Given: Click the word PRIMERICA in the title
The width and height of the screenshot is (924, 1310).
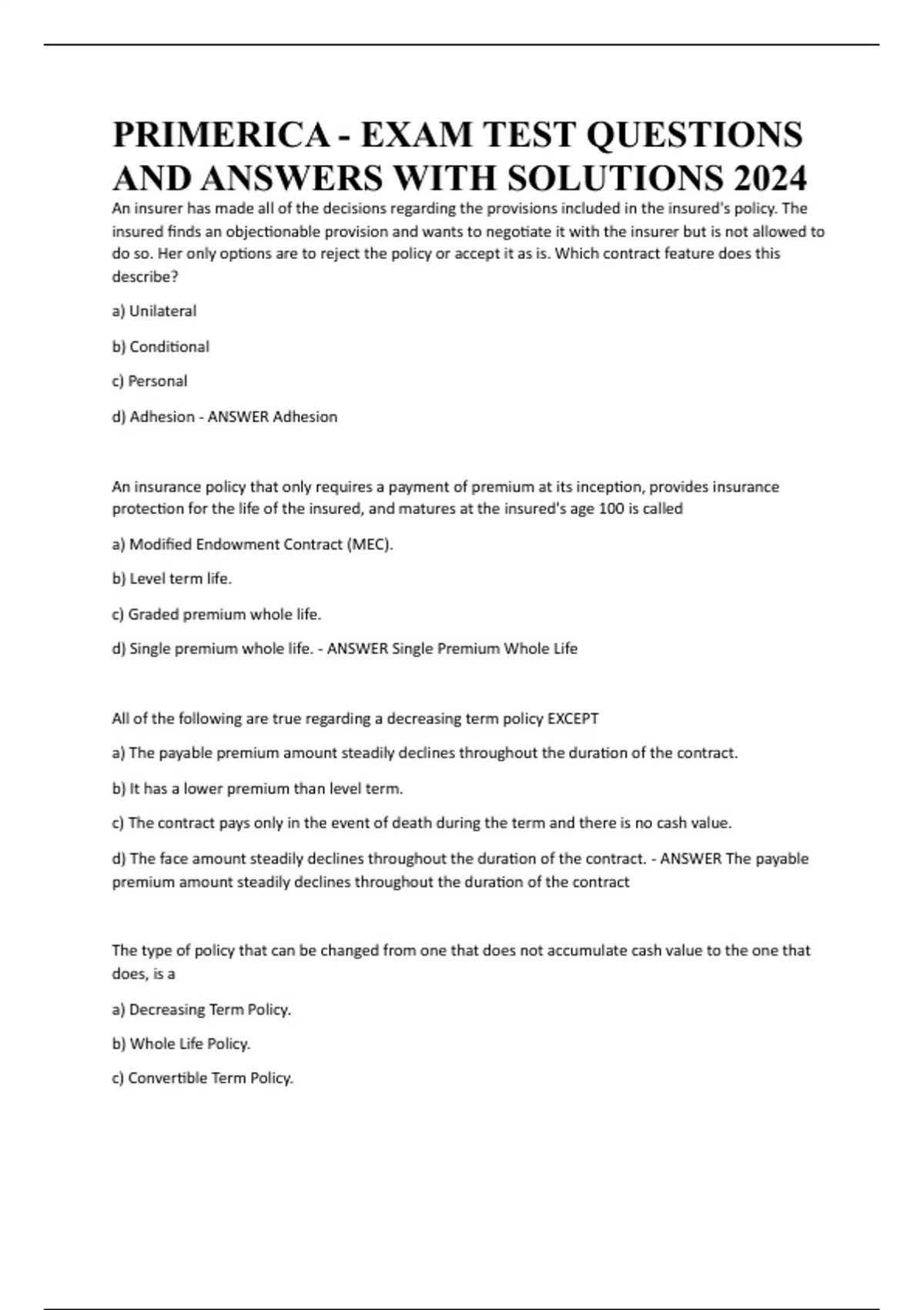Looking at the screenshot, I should [220, 135].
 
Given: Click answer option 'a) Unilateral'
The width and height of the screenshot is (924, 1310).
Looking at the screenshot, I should [154, 311].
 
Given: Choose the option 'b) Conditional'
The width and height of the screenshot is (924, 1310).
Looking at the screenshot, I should [160, 347].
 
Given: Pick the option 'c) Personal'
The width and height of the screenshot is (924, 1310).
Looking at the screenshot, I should [149, 381].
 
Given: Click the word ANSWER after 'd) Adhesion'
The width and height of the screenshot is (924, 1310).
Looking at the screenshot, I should [238, 417].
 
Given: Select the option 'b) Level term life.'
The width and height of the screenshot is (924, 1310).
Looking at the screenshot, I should [172, 579].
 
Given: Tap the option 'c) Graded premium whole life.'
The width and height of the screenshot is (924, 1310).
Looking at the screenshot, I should [216, 614].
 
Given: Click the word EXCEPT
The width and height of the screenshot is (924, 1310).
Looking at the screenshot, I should [572, 719].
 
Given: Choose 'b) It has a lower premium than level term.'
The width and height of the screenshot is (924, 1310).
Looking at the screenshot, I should [257, 789].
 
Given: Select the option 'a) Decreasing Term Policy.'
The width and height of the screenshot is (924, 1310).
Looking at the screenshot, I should [201, 1009].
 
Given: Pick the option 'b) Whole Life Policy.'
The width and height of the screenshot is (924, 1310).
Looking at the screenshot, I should [181, 1044].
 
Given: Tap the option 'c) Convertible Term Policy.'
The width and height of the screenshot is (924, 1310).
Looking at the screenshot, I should [203, 1078].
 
